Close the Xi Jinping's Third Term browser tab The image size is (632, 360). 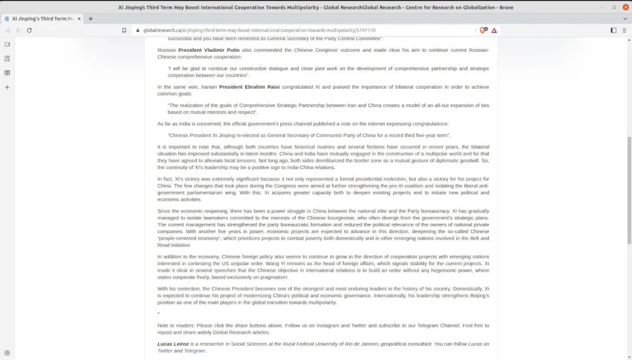click(x=79, y=19)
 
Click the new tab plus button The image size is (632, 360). click(x=91, y=19)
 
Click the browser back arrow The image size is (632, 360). click(x=7, y=30)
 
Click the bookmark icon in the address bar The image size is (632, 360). click(x=124, y=30)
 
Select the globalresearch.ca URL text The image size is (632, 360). click(x=259, y=30)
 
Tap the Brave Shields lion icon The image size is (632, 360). click(x=483, y=30)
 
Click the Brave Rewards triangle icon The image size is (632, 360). click(x=494, y=30)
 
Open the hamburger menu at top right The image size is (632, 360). click(x=625, y=30)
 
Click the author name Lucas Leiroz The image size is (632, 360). click(x=172, y=344)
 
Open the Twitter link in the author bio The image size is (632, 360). click(x=165, y=351)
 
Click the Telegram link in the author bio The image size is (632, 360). click(x=194, y=351)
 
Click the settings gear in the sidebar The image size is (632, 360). click(x=7, y=353)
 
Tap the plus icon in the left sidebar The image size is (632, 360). click(x=7, y=87)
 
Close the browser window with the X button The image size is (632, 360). click(x=624, y=7)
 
